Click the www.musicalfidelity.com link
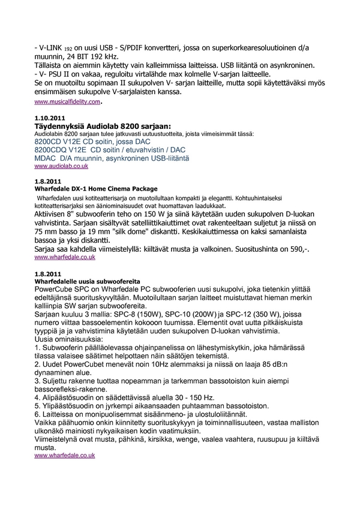[x=67, y=103]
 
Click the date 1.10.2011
[x=50, y=118]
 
